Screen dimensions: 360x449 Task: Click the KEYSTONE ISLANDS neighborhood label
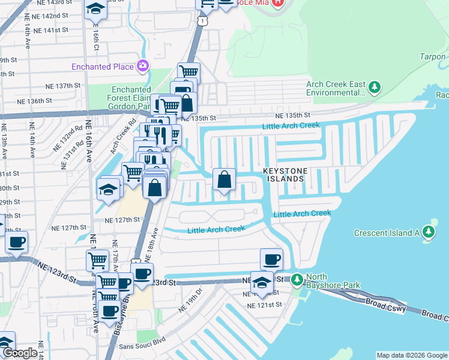point(285,175)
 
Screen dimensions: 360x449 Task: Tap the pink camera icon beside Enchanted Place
point(143,65)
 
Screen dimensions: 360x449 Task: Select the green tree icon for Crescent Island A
point(428,232)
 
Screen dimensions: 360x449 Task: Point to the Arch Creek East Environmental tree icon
point(375,88)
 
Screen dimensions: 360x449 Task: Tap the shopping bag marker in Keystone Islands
point(224,179)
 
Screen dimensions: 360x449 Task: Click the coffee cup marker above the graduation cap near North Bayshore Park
point(272,259)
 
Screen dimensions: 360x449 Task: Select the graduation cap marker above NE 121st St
point(261,282)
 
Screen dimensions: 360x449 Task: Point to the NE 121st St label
point(265,305)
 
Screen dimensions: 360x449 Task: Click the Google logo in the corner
point(20,353)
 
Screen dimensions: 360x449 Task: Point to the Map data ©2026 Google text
point(412,355)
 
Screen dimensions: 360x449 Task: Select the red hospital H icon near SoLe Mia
point(277,3)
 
